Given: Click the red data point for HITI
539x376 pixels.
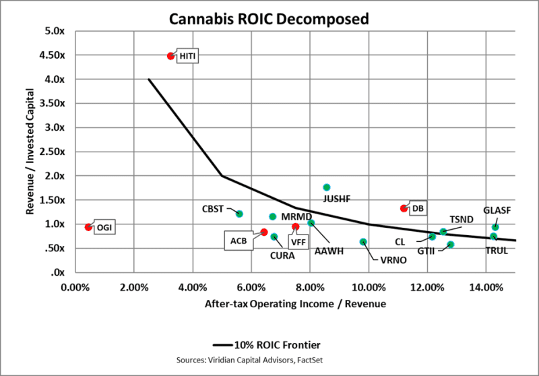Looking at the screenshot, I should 170,56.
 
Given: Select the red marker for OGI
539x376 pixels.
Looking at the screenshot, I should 88,227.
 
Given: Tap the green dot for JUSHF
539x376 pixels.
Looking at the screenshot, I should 327,187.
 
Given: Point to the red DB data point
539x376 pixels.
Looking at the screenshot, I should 404,208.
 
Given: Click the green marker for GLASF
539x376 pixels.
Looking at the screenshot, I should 495,227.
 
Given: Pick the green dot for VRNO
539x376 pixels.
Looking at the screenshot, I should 363,242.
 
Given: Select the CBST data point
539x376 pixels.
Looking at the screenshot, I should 239,214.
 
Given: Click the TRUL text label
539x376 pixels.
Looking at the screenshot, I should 497,251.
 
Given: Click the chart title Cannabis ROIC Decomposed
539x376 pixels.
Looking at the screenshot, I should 269,18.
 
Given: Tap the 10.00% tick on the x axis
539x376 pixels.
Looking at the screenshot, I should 369,286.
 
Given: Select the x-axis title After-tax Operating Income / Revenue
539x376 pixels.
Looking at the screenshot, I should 295,304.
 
